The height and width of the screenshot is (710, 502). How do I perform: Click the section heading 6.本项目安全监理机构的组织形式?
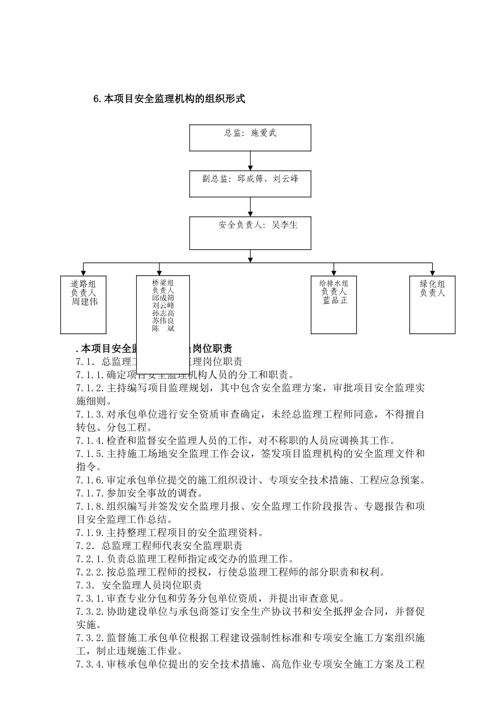pyautogui.click(x=169, y=99)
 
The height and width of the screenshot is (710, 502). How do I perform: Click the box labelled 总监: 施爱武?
pyautogui.click(x=250, y=137)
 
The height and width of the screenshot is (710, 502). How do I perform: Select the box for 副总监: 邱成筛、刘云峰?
pyautogui.click(x=250, y=183)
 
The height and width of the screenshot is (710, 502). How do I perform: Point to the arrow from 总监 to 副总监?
pyautogui.click(x=250, y=161)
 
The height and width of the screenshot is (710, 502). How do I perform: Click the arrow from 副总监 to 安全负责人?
pyautogui.click(x=250, y=207)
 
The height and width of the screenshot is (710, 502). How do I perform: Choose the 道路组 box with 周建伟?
pyautogui.click(x=83, y=304)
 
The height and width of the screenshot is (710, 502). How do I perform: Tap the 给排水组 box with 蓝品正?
pyautogui.click(x=333, y=304)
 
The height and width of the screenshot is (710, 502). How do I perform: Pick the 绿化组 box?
pyautogui.click(x=432, y=304)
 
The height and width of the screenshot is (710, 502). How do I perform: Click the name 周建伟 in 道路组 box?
pyautogui.click(x=85, y=302)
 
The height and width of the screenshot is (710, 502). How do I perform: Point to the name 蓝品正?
pyautogui.click(x=334, y=300)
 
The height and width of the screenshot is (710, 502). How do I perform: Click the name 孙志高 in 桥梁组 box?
pyautogui.click(x=163, y=313)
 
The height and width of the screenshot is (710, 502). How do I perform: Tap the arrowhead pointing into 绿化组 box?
pyautogui.click(x=432, y=272)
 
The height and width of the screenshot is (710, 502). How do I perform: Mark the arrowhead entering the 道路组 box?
pyautogui.click(x=83, y=272)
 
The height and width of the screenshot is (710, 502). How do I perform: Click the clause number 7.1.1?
pyautogui.click(x=91, y=375)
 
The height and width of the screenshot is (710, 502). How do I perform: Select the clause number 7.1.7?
pyautogui.click(x=91, y=493)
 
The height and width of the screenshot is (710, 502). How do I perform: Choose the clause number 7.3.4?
pyautogui.click(x=91, y=665)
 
